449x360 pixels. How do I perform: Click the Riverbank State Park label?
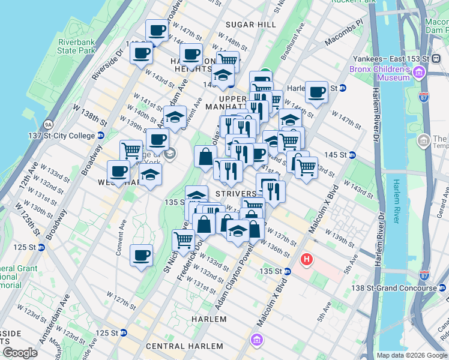tap(76, 47)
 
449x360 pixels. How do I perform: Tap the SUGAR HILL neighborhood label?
tap(250, 25)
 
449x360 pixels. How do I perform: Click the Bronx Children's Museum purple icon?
tap(418, 73)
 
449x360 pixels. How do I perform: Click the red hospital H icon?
tap(306, 259)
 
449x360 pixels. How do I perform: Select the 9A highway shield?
tap(48, 125)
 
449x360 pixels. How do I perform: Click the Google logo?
tap(20, 353)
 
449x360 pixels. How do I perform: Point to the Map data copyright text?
tap(412, 355)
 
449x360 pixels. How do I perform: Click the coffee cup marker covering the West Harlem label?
tap(118, 172)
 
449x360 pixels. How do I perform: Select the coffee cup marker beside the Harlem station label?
tap(316, 92)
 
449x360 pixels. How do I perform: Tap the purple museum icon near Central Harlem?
tap(257, 340)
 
